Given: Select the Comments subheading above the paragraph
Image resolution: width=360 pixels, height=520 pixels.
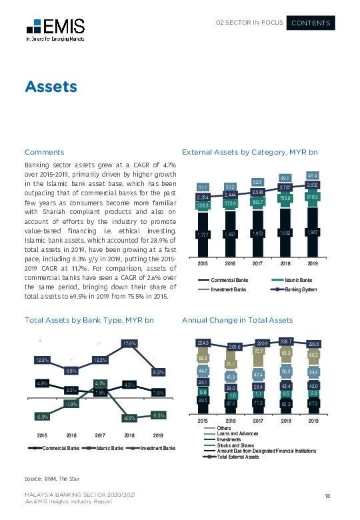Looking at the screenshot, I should (x=44, y=152).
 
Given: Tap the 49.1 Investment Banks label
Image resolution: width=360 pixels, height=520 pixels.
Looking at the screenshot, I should (x=286, y=179).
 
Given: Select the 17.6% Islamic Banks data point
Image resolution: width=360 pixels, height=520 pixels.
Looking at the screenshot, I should (x=129, y=344).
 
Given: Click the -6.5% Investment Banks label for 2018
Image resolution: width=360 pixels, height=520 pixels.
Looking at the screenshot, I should (x=129, y=418).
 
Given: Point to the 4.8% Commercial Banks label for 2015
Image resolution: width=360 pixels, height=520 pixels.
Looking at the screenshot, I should (x=41, y=383).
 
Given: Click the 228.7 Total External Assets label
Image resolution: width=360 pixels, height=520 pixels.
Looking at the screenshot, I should (x=286, y=341).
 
